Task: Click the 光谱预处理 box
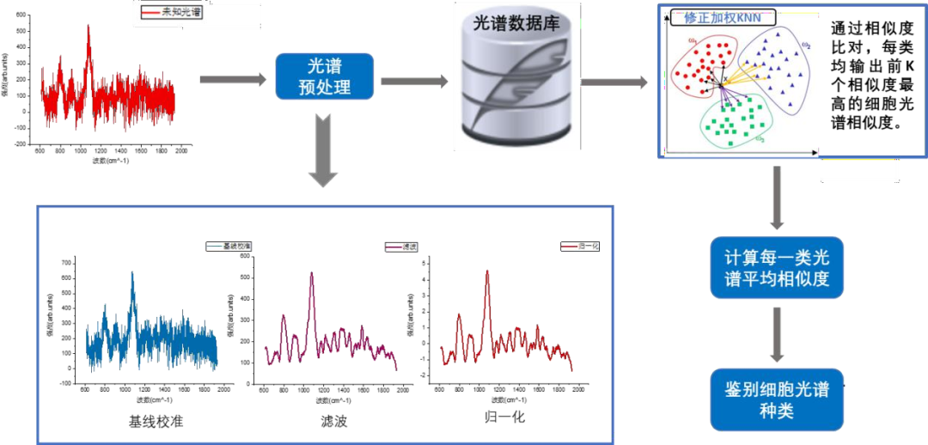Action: pyautogui.click(x=324, y=76)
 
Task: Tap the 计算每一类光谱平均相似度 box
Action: pyautogui.click(x=776, y=268)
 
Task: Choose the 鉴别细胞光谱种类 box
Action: pyautogui.click(x=776, y=399)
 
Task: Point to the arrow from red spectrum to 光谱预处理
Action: pyautogui.click(x=233, y=79)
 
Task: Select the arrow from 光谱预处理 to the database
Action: pyautogui.click(x=414, y=81)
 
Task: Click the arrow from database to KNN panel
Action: pyautogui.click(x=614, y=82)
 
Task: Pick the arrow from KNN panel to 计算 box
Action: pyautogui.click(x=776, y=198)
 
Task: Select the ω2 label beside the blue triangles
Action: pyautogui.click(x=805, y=46)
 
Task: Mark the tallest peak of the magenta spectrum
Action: pyautogui.click(x=310, y=275)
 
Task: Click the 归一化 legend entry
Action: pyautogui.click(x=580, y=247)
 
